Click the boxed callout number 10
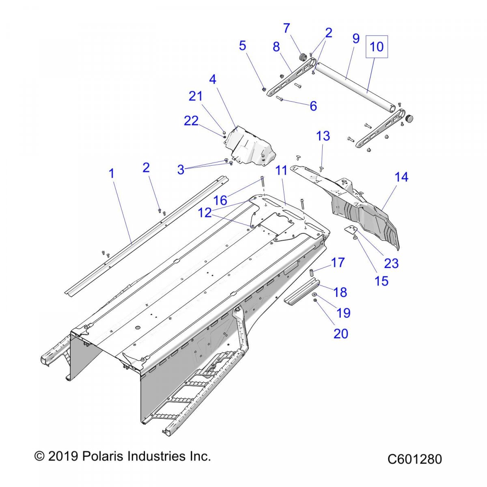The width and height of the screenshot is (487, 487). (377, 46)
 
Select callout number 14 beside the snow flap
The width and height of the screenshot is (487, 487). (401, 177)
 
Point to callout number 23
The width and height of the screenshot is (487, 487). (391, 263)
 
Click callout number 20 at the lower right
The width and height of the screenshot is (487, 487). (341, 333)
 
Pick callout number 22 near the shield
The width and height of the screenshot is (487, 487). (191, 121)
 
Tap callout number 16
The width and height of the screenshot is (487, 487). (220, 200)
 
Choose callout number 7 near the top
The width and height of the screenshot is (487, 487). (287, 28)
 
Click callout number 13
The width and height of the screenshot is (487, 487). (323, 136)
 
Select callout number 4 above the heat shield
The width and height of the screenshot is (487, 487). (213, 80)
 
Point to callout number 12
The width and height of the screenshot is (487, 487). (205, 213)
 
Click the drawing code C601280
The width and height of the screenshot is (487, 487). (414, 459)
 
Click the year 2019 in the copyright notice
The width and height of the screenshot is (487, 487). (63, 456)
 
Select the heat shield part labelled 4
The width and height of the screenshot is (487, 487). (250, 146)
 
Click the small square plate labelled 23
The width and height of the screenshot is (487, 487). (349, 230)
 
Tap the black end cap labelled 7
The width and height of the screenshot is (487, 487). (302, 57)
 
